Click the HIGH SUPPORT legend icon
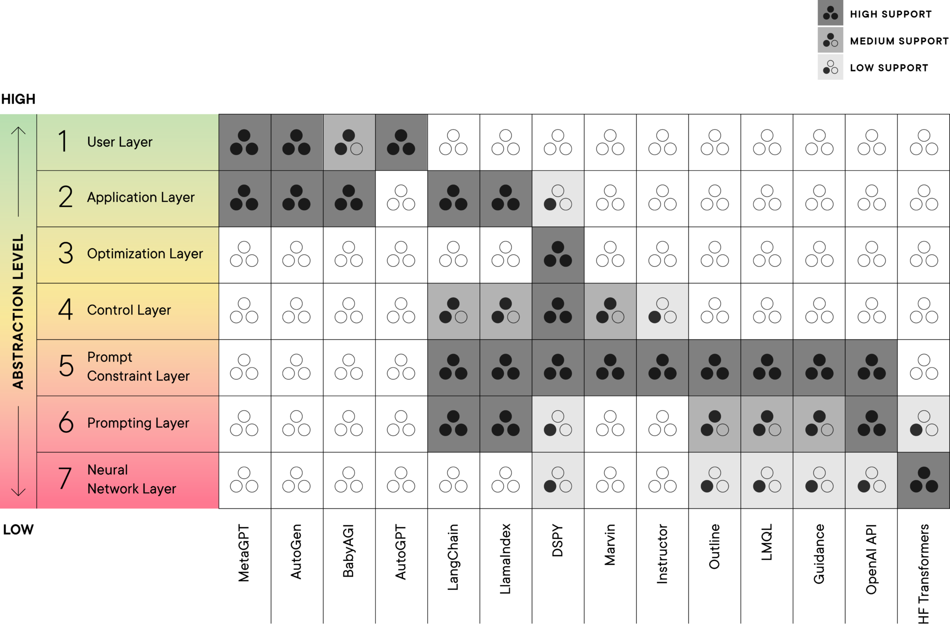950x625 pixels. [830, 13]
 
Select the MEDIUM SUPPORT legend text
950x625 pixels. [899, 41]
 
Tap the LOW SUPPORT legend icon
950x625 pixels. [830, 67]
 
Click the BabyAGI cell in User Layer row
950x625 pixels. [349, 142]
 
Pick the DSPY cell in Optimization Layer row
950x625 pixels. [558, 255]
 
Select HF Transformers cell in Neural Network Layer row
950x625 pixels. [924, 480]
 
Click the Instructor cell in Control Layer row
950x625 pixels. [662, 311]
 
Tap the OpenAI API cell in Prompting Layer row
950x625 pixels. [871, 424]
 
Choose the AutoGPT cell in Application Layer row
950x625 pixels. [401, 198]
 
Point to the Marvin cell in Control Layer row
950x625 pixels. [610, 311]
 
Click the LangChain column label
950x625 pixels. [453, 557]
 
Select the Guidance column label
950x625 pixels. [819, 553]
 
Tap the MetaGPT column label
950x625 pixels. [244, 553]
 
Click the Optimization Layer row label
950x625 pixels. [145, 254]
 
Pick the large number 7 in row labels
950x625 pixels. [65, 479]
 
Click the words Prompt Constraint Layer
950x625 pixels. [138, 367]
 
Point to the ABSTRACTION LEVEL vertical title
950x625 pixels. [18, 311]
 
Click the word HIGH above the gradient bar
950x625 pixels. [18, 99]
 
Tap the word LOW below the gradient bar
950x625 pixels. [18, 529]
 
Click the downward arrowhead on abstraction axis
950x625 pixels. [18, 492]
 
